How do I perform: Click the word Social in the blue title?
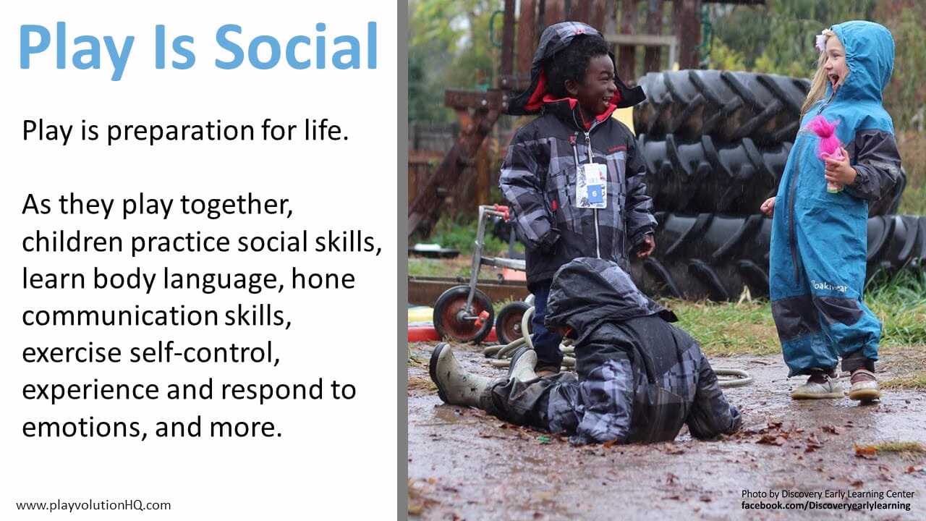pyautogui.click(x=296, y=46)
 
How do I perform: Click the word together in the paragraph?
pyautogui.click(x=237, y=206)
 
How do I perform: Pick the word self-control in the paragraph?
pyautogui.click(x=204, y=352)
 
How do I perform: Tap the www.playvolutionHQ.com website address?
pyautogui.click(x=93, y=505)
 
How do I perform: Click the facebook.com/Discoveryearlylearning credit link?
pyautogui.click(x=826, y=506)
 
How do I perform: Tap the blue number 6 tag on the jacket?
pyautogui.click(x=595, y=193)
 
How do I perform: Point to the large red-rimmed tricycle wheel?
pyautogui.click(x=464, y=314)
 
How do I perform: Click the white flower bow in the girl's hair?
pyautogui.click(x=822, y=40)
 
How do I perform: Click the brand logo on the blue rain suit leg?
pyautogui.click(x=829, y=286)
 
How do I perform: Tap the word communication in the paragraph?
pyautogui.click(x=120, y=316)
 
